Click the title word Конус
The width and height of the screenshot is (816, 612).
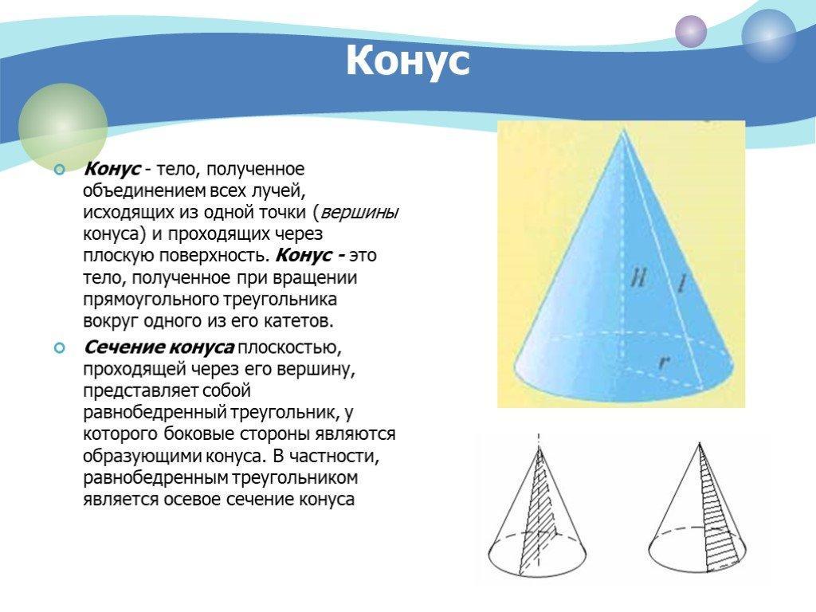point(407,61)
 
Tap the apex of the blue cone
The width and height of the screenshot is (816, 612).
point(622,130)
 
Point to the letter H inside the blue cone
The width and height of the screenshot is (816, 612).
point(638,280)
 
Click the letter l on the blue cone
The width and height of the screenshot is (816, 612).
point(681,283)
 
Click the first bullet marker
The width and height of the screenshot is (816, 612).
point(60,170)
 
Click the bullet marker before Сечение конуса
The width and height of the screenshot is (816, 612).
point(60,347)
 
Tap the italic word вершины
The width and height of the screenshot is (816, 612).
point(359,213)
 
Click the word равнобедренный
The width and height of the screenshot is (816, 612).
point(155,413)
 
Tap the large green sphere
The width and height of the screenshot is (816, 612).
point(63,127)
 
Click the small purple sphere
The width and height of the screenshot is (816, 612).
point(691,31)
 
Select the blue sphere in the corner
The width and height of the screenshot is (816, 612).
point(768,35)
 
